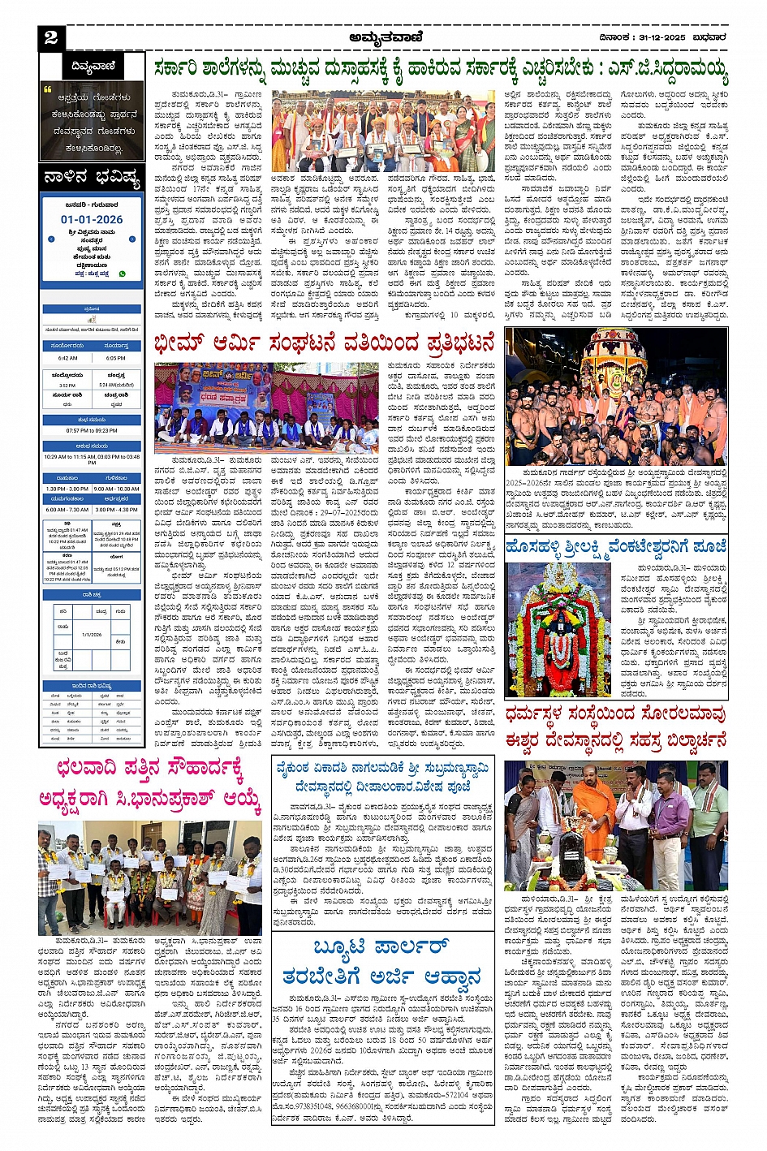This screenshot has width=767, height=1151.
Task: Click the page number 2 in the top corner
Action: pos(50,37)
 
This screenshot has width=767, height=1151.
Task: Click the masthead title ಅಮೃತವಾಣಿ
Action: pos(386,37)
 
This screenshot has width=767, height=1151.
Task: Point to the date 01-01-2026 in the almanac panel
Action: pos(92,219)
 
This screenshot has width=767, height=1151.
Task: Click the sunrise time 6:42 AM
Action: pos(68,358)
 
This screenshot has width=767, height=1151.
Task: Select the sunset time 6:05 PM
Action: pos(115,358)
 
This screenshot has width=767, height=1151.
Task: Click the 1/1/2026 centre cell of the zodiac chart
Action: pos(91,635)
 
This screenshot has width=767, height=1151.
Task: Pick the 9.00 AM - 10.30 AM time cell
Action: pos(116,489)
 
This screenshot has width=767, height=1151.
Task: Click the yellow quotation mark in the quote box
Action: pos(48,90)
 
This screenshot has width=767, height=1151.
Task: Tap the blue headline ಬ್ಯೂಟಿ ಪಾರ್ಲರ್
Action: pos(381,947)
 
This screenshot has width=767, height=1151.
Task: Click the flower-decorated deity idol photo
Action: pos(559,628)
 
